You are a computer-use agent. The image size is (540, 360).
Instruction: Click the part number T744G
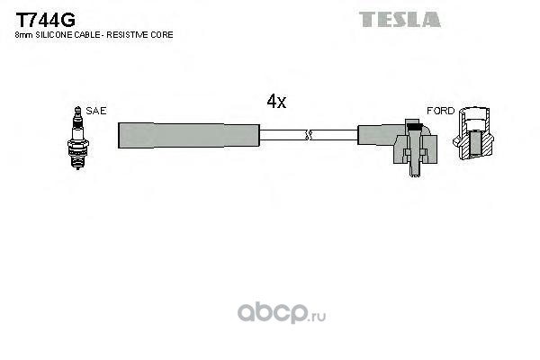click(45, 20)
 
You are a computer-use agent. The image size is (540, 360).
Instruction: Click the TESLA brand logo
click(400, 19)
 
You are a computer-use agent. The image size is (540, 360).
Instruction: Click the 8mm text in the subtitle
click(24, 35)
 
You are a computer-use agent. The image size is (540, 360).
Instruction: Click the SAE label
click(96, 111)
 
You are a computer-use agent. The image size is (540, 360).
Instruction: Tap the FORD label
click(440, 111)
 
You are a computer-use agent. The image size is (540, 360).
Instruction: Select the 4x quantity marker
click(276, 102)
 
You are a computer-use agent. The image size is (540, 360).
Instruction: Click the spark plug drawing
click(78, 138)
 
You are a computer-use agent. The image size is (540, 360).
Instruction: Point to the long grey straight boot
click(188, 136)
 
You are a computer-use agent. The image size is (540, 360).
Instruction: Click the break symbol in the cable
click(308, 135)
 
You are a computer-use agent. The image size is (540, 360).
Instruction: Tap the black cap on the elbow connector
click(414, 126)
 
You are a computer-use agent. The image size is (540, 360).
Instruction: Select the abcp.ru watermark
click(282, 312)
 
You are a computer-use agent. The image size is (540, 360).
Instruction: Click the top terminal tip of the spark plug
click(78, 109)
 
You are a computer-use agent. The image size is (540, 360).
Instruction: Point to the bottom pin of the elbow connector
click(414, 170)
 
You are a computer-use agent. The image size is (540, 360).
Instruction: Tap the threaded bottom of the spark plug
click(78, 160)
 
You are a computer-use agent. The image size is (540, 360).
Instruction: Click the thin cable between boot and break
click(283, 135)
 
